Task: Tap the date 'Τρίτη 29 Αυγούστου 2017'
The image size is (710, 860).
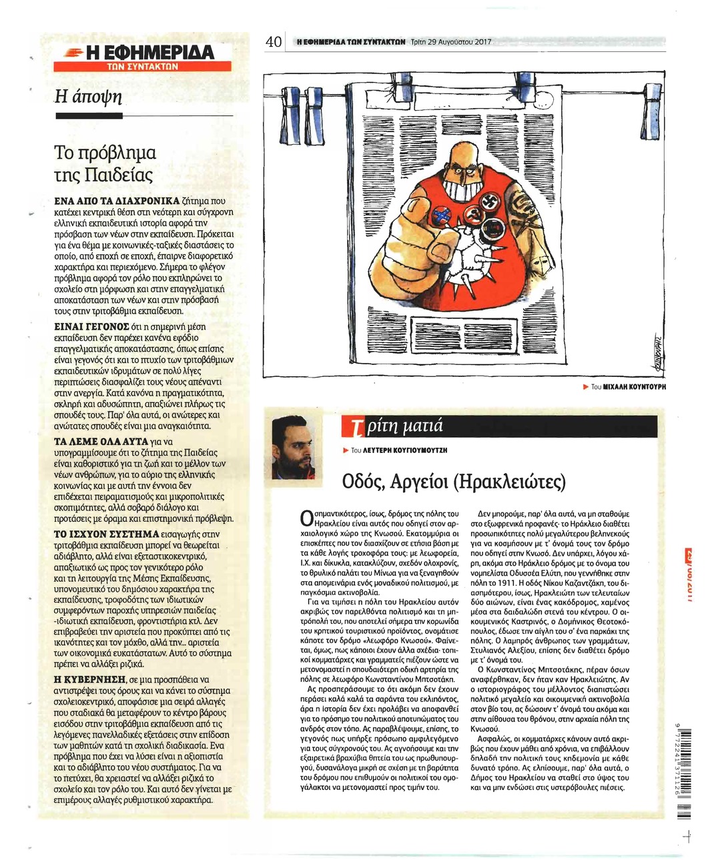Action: coord(451,42)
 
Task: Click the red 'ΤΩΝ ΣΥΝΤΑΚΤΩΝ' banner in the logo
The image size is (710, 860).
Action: coord(142,66)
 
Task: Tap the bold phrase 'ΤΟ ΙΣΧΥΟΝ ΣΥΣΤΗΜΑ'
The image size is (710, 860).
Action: coord(105,534)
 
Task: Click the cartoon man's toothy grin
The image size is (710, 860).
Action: coord(464,191)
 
